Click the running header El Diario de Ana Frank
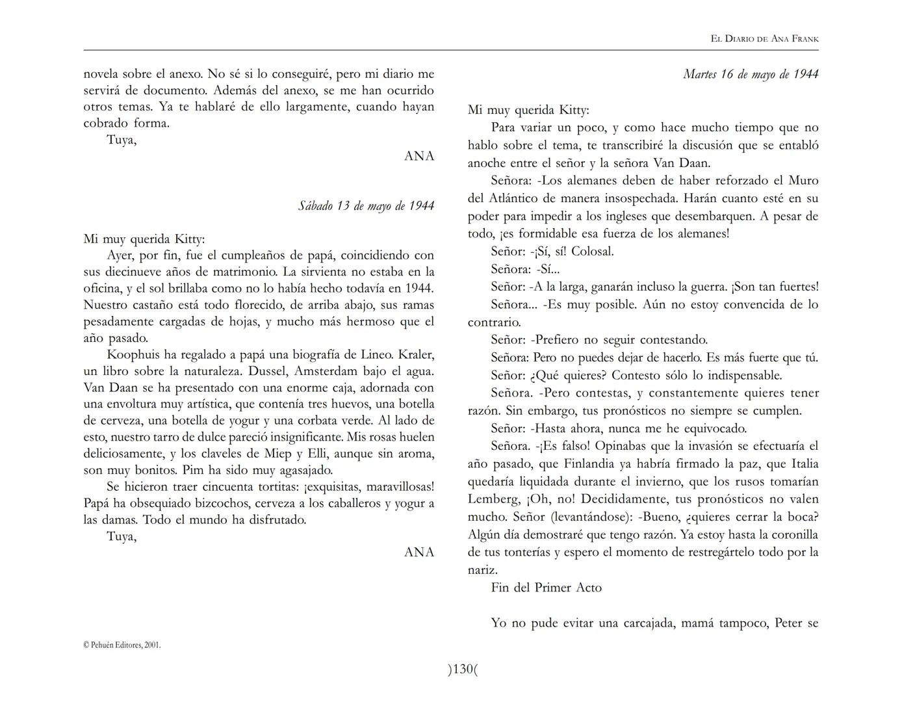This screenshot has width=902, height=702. coord(764,39)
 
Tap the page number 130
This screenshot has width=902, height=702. coord(462,669)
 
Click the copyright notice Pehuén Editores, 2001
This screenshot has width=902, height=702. coord(122,645)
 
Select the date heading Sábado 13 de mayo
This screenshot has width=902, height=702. coord(366,206)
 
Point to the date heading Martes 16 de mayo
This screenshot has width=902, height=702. coord(750,74)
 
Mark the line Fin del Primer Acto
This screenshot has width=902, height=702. coord(546,588)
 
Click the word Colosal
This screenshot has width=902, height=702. coord(592,251)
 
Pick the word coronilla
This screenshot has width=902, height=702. coord(791,535)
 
